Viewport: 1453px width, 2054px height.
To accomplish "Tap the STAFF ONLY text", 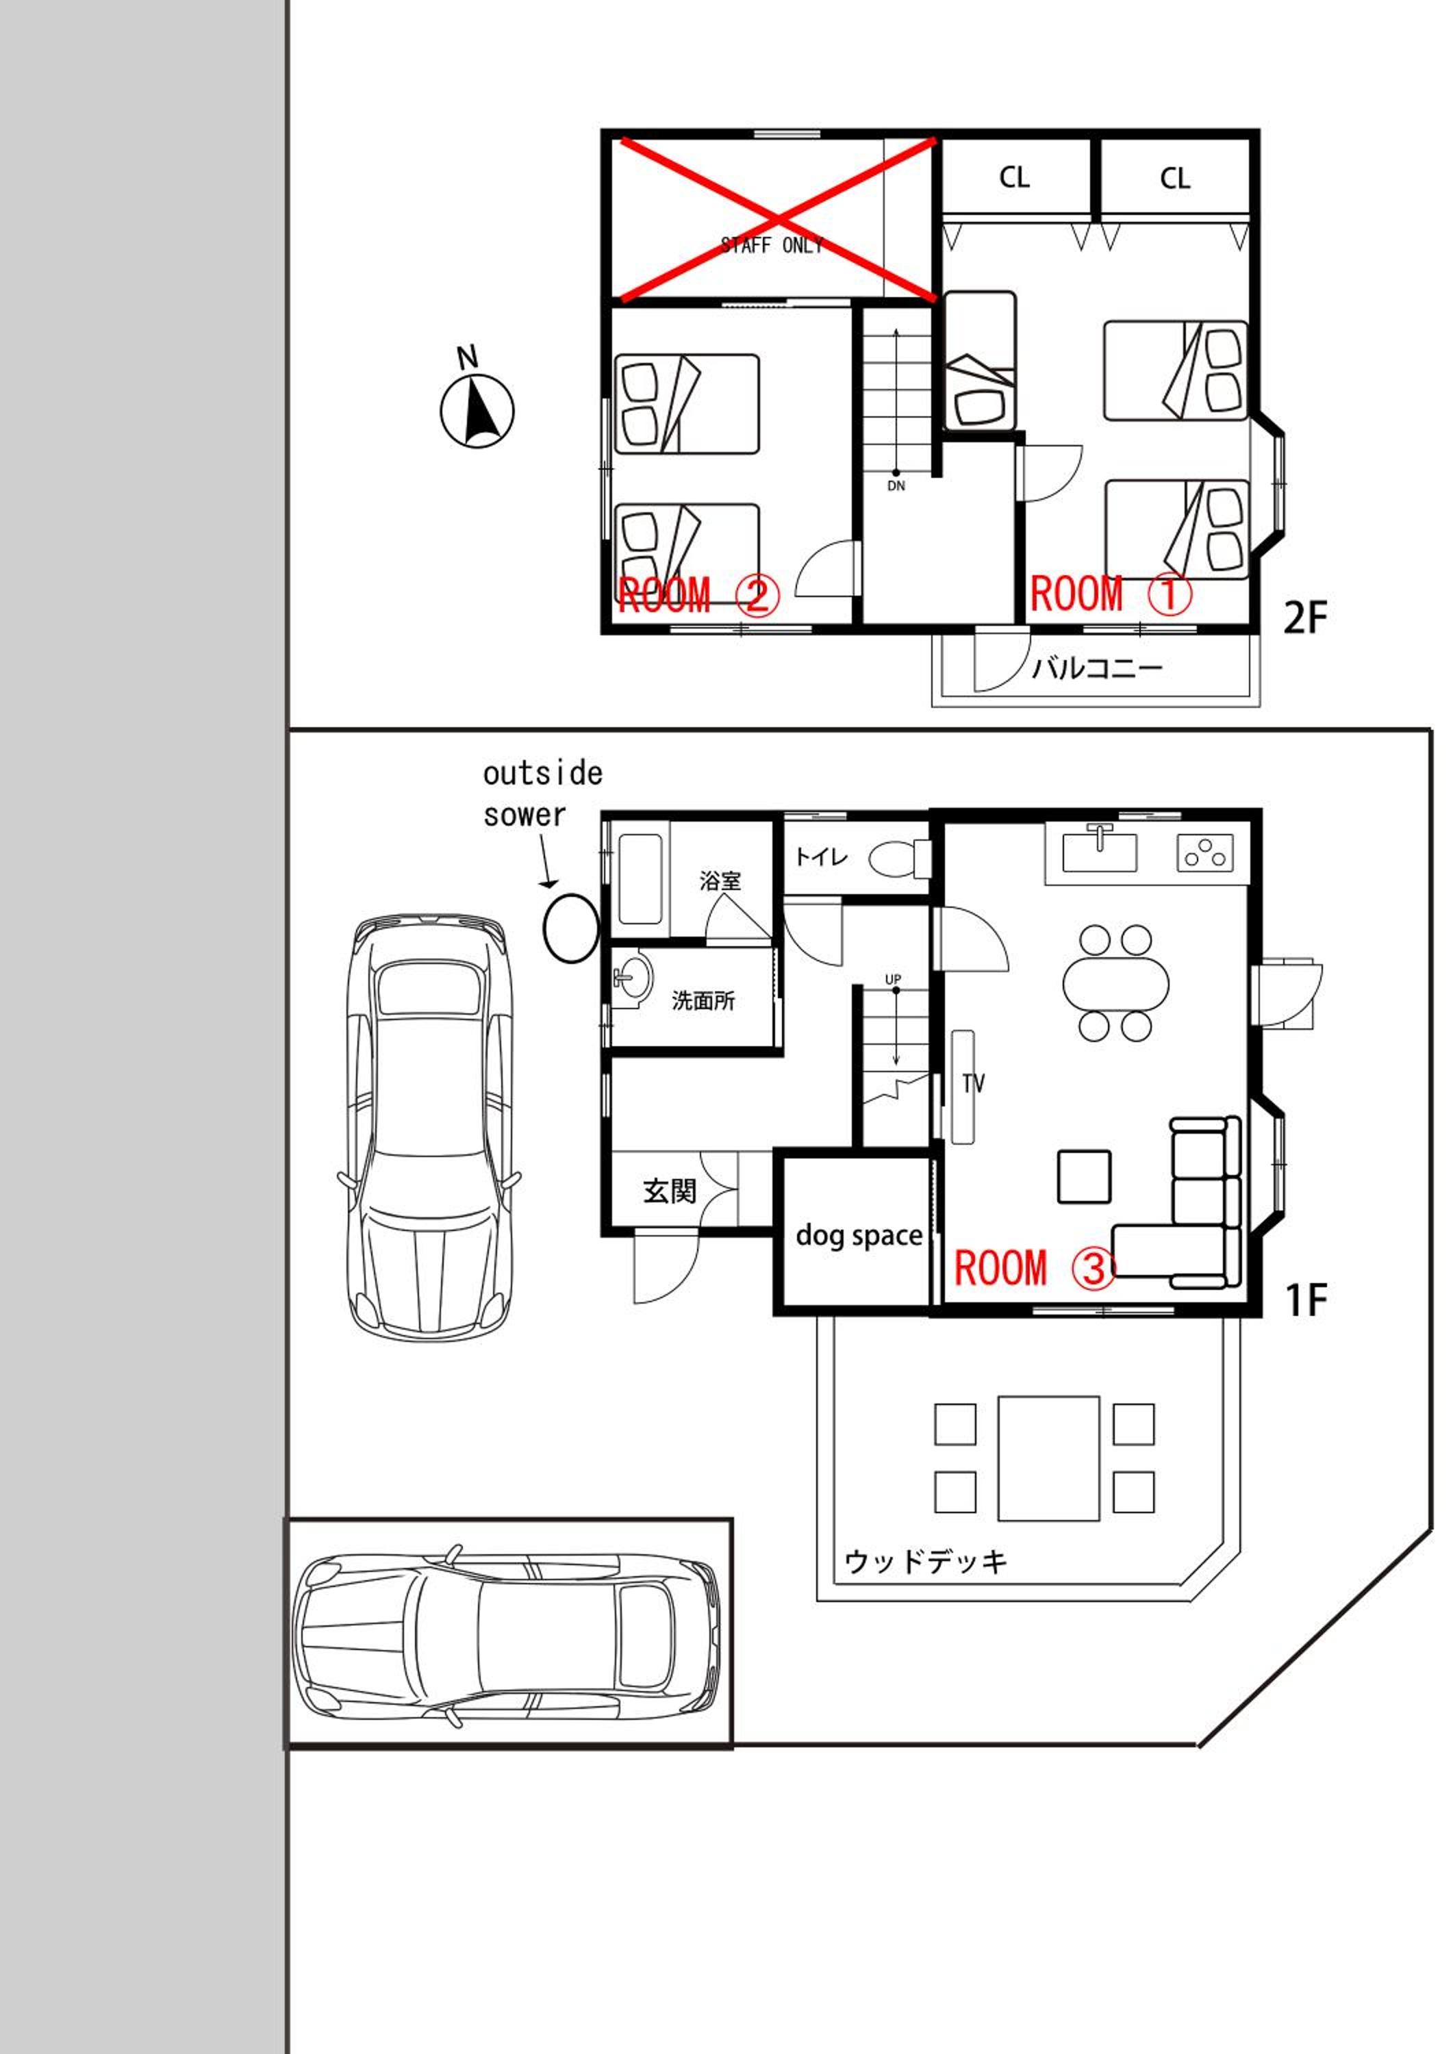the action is pos(772,245).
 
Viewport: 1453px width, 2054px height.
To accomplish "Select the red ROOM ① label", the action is pos(1111,594).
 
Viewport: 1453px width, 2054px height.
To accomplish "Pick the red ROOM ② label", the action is pos(698,595).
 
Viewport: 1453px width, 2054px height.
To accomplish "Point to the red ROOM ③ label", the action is pos(1035,1269).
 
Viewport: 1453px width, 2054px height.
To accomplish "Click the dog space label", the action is pos(859,1235).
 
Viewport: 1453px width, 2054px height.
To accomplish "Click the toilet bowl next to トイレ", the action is pos(900,859).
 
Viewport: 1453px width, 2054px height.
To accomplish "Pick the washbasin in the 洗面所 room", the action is pos(633,977).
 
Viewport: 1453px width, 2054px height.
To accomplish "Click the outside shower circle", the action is pos(571,928).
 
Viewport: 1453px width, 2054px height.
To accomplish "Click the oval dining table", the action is pos(1115,984).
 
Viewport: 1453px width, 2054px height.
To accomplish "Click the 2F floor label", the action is pos(1305,618).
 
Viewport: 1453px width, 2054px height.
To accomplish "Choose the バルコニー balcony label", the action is pos(1097,668).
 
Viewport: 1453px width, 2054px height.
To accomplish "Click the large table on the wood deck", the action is pos(1048,1458).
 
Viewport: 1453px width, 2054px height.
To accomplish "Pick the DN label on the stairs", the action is pos(896,485).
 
